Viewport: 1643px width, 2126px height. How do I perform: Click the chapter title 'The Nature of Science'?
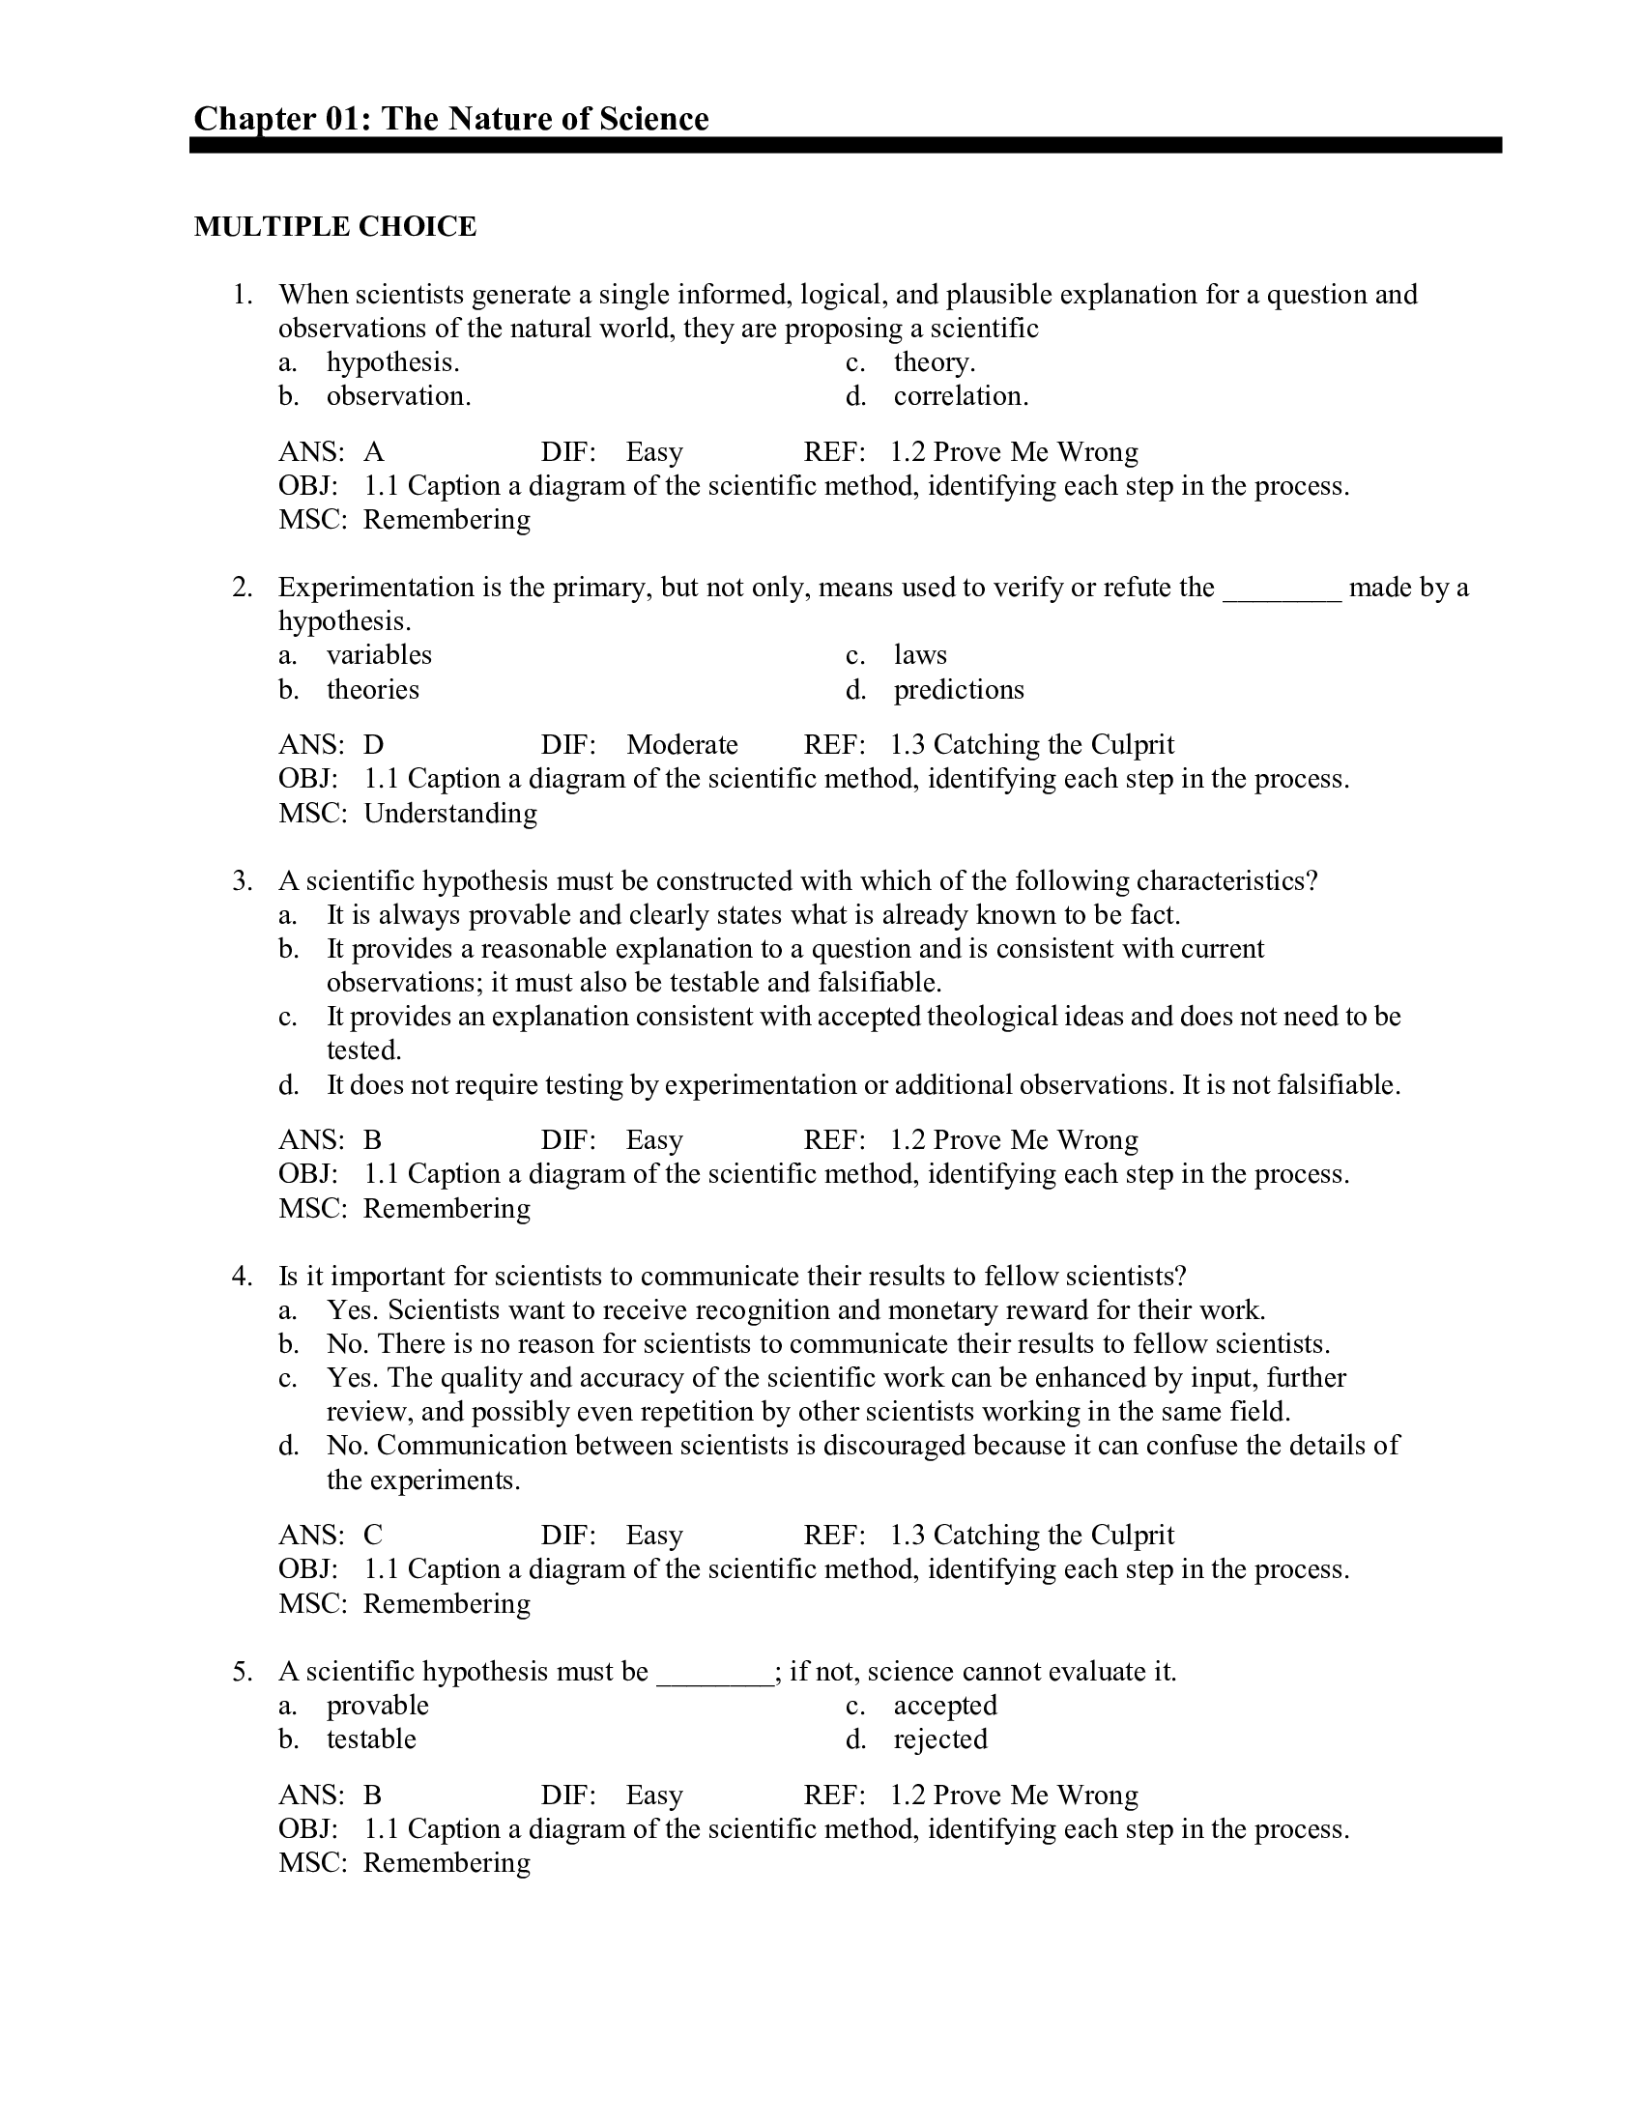click(544, 119)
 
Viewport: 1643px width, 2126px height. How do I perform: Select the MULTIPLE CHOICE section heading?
click(334, 226)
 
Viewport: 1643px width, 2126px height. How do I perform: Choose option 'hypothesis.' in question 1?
click(392, 362)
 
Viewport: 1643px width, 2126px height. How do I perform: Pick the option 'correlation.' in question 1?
click(960, 396)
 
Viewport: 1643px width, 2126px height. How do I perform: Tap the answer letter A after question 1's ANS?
click(374, 451)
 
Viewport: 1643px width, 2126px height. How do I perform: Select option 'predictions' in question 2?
click(958, 690)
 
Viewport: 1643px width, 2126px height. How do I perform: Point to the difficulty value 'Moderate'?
click(681, 745)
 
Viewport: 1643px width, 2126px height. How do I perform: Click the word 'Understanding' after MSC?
click(449, 813)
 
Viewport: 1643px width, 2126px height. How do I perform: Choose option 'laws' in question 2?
click(920, 655)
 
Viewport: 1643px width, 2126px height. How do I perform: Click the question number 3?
click(243, 881)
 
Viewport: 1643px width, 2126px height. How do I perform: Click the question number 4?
click(243, 1277)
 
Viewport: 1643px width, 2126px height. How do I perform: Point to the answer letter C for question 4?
click(373, 1536)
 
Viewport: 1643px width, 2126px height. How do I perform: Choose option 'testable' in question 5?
click(371, 1739)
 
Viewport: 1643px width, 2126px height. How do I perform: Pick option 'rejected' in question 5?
click(939, 1739)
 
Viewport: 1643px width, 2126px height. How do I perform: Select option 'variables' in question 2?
click(379, 655)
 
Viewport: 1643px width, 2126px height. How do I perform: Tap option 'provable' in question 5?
click(377, 1706)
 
